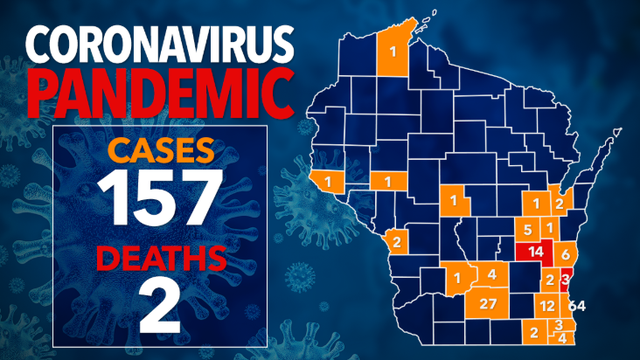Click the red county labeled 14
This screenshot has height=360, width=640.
(x=534, y=252)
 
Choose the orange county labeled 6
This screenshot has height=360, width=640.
(x=564, y=253)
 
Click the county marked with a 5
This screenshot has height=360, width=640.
(x=527, y=228)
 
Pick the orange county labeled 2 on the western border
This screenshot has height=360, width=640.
(x=397, y=241)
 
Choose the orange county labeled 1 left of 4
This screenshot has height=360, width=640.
(x=459, y=277)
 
